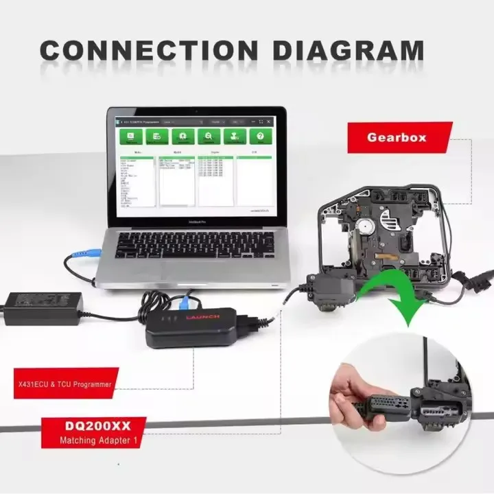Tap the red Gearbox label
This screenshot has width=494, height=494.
(x=396, y=137)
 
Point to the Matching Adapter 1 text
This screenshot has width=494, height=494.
(x=96, y=440)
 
